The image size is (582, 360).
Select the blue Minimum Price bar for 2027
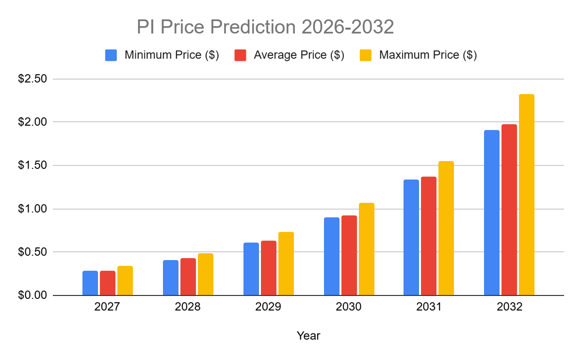tap(90, 283)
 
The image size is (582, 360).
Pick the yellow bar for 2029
tap(286, 264)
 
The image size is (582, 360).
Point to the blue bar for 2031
tap(411, 238)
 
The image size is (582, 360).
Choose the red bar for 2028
tap(188, 277)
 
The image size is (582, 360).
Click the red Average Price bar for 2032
tap(509, 210)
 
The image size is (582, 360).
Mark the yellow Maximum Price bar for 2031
tap(446, 229)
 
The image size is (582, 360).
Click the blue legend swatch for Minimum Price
tap(111, 55)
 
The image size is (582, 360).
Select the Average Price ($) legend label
tap(299, 55)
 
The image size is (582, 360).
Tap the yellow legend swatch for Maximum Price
tap(366, 55)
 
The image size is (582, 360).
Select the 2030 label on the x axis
tap(349, 308)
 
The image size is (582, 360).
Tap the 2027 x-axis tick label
tap(107, 308)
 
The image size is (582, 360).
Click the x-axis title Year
tap(308, 335)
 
